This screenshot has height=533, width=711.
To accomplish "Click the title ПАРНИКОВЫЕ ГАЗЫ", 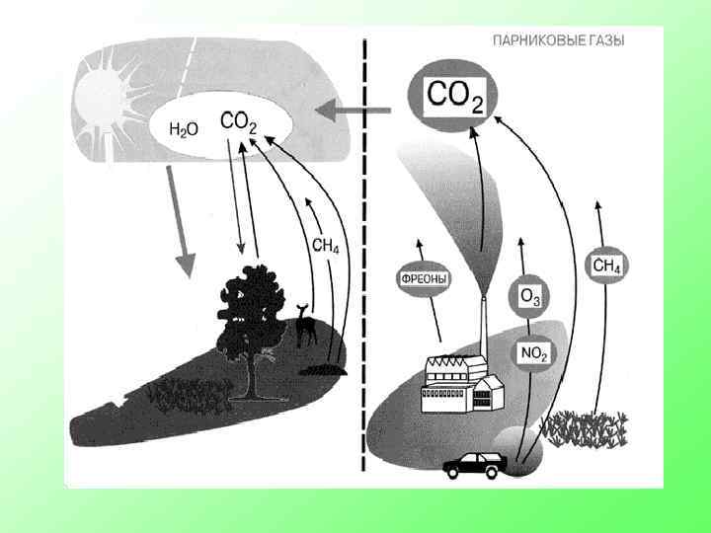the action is (x=558, y=40).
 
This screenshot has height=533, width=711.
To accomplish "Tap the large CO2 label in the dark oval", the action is (x=454, y=97).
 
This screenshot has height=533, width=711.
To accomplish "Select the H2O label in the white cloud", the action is (x=185, y=129).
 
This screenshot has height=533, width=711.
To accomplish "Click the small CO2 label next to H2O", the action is (x=238, y=122).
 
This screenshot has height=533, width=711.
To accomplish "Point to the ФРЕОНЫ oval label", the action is (x=424, y=279).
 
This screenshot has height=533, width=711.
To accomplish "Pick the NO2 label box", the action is (x=533, y=352).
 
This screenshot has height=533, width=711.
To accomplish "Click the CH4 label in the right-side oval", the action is (x=608, y=265).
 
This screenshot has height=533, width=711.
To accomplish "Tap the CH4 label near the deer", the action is (x=325, y=246).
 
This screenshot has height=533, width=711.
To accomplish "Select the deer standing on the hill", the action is (x=306, y=325).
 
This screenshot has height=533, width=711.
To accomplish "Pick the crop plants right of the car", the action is (x=587, y=428).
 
